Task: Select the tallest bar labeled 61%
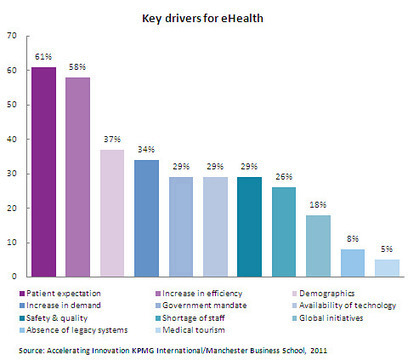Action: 43,171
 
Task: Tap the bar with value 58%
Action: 78,176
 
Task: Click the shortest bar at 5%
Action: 387,267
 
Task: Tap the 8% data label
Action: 353,240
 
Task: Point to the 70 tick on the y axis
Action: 13,36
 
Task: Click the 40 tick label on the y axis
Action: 13,139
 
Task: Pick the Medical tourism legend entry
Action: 199,330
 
